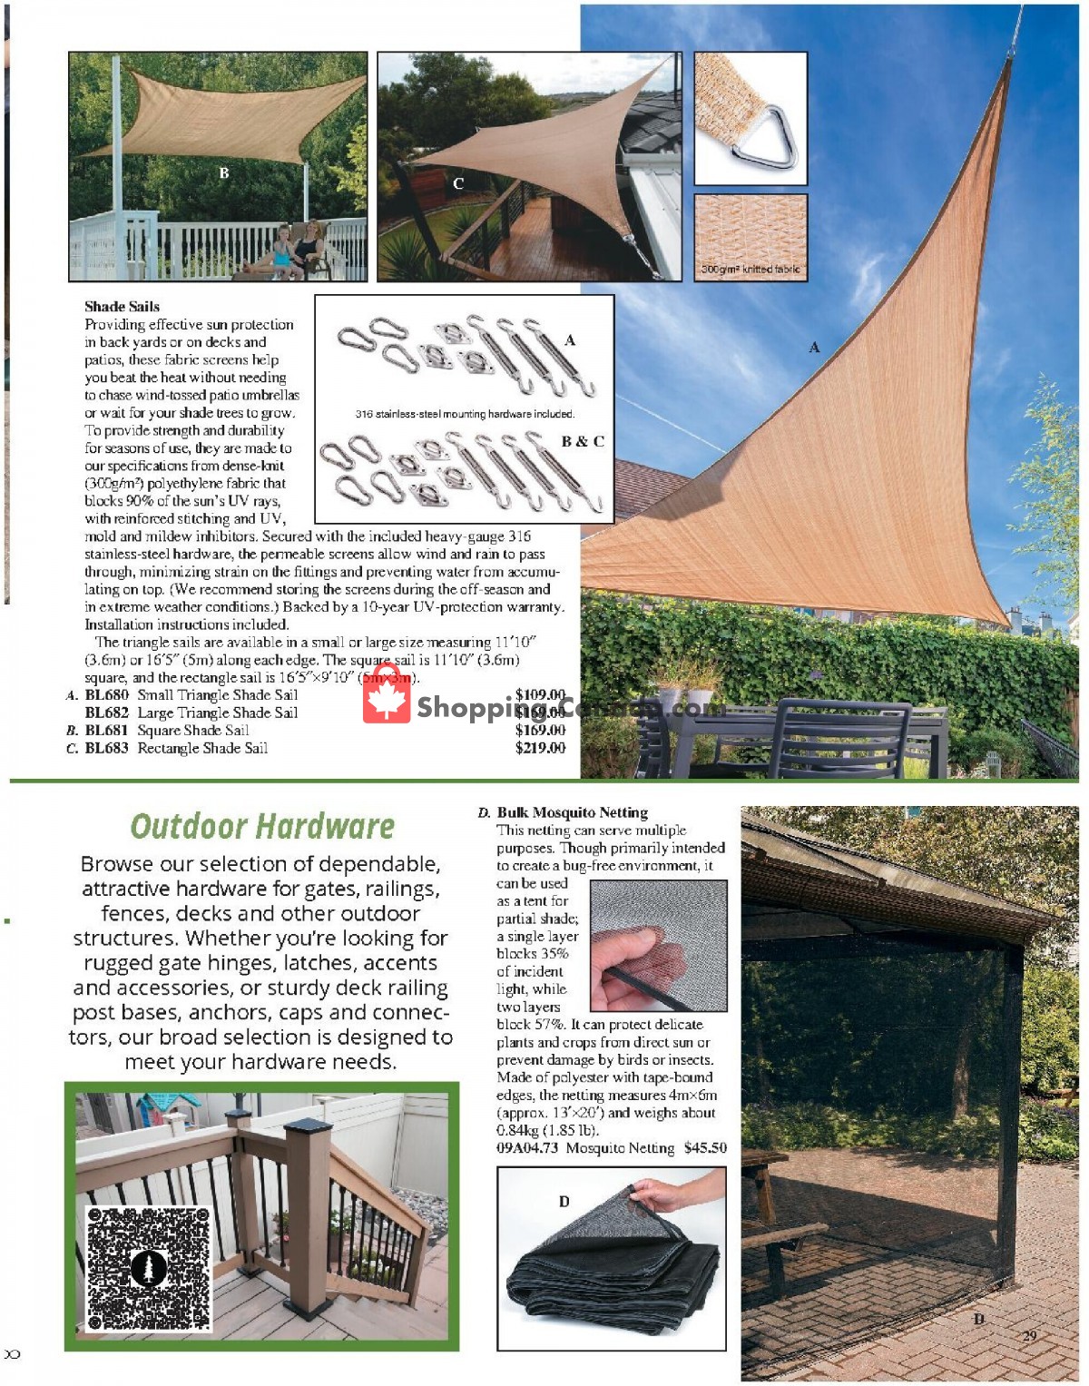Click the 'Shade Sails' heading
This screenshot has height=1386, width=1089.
click(x=122, y=307)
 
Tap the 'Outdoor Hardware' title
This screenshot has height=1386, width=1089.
click(x=262, y=826)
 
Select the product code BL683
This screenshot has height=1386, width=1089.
click(x=106, y=748)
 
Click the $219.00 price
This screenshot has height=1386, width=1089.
click(x=540, y=748)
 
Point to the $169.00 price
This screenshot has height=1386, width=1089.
click(x=540, y=730)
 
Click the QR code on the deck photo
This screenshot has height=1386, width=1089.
click(x=149, y=1268)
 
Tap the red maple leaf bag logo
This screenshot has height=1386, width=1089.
click(x=387, y=695)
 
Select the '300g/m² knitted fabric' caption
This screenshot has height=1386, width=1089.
click(x=750, y=270)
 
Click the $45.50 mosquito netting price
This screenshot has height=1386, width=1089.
click(x=705, y=1148)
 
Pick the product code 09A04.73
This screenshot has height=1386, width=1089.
click(x=527, y=1148)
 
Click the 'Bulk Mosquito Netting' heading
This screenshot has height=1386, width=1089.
click(x=572, y=812)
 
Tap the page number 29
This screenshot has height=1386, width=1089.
click(x=1029, y=1335)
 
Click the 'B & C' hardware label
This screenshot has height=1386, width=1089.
click(x=582, y=442)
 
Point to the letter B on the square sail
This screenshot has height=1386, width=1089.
click(x=224, y=172)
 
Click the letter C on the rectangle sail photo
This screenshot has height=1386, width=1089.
click(x=458, y=183)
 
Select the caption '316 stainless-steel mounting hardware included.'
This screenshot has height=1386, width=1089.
click(x=465, y=414)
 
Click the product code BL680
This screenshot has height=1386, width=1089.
click(x=106, y=695)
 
